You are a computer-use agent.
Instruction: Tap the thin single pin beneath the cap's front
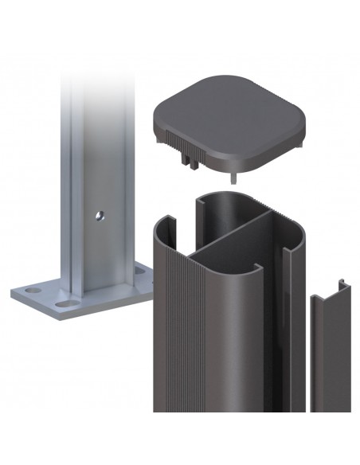[231, 176]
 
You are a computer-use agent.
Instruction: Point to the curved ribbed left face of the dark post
[171, 334]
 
